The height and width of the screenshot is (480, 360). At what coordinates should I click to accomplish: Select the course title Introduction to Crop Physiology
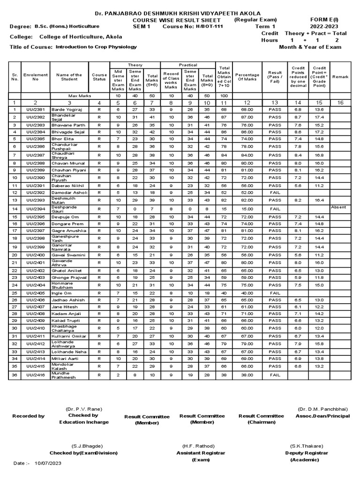pos(96,47)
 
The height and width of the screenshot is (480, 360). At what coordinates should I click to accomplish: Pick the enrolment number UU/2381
pos(35,109)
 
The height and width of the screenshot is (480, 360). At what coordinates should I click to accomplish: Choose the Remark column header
pos(340,77)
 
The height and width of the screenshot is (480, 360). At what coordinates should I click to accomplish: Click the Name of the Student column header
pos(69,77)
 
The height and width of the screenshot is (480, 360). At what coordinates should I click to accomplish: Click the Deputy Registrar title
pos(307,453)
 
